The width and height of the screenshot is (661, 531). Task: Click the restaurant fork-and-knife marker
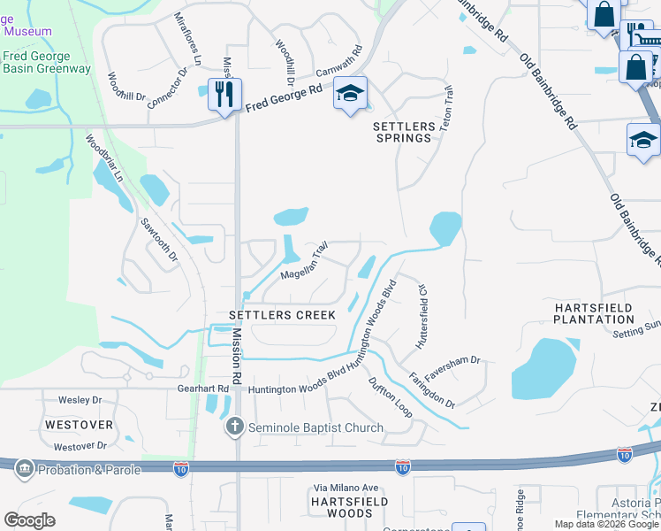224,93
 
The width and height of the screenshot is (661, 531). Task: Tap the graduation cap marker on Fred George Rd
350,93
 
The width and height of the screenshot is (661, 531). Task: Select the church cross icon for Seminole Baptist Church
234,427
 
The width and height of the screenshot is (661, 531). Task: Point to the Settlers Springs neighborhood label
406,132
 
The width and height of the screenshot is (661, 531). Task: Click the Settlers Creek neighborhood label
282,315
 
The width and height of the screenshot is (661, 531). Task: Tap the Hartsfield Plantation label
593,313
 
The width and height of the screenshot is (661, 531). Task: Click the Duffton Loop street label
390,397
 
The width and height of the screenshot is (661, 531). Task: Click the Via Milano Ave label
346,488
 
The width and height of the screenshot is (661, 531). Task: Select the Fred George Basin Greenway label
46,62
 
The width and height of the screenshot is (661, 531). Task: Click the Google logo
29,520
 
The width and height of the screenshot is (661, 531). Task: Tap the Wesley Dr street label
80,400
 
